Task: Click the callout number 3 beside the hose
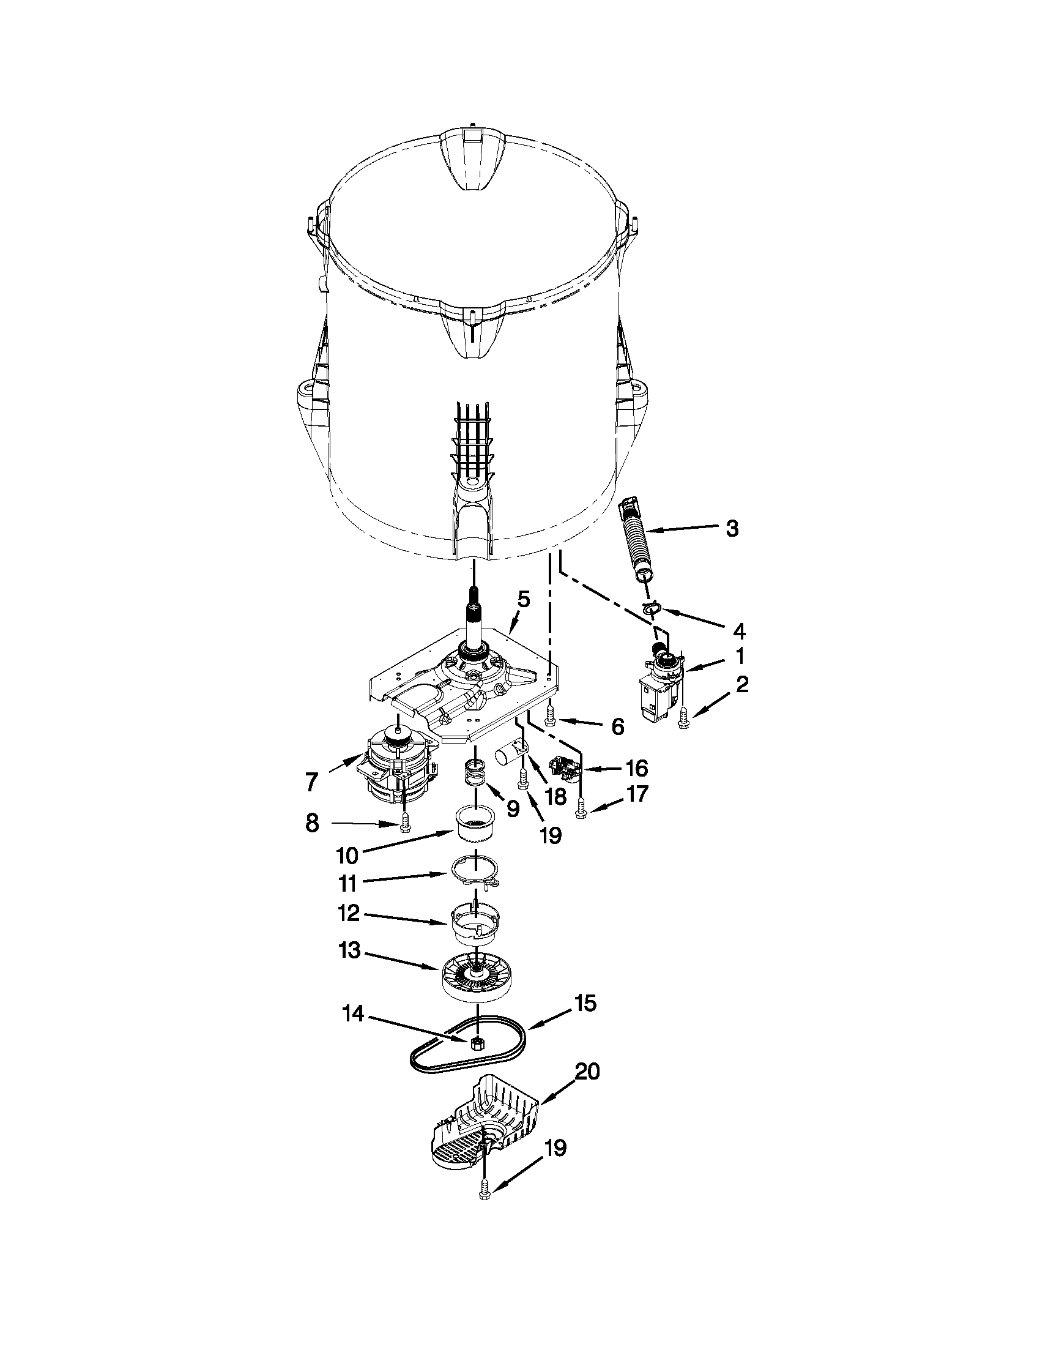pos(732,529)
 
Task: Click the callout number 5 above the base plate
pos(524,599)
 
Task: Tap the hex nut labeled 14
pos(476,1043)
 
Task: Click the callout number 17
pos(637,794)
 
